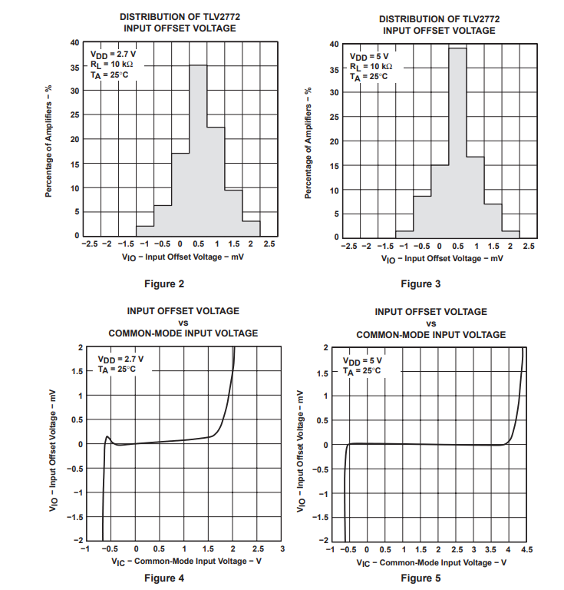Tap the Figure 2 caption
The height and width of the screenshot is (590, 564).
coord(164,284)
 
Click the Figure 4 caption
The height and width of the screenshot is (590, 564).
coord(164,578)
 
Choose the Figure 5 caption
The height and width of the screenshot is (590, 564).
coord(421,578)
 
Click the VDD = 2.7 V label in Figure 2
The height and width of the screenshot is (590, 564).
coord(114,55)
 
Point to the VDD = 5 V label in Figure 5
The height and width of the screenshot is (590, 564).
coord(362,360)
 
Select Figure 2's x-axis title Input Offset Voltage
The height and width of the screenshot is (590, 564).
coord(183,257)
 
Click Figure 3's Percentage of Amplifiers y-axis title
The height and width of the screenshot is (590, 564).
coord(308,143)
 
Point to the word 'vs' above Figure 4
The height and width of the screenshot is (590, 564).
coord(183,323)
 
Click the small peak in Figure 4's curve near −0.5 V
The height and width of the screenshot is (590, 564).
coord(108,437)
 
